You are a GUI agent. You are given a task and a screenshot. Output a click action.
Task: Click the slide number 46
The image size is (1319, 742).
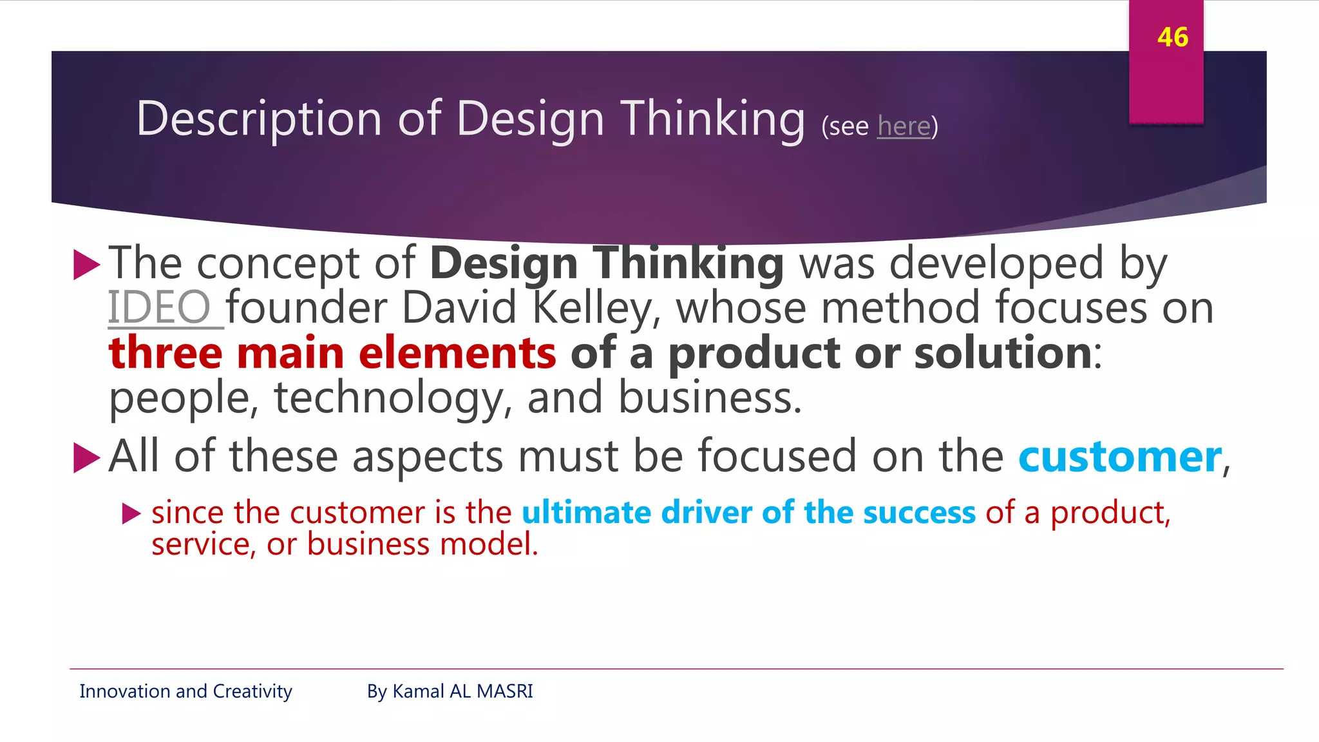(x=1172, y=37)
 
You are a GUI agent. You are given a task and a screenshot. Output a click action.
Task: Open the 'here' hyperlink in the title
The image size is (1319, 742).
(x=904, y=126)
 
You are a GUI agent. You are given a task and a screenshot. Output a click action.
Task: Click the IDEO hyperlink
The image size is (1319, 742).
(x=159, y=308)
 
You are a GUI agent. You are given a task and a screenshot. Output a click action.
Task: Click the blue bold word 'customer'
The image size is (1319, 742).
(x=1120, y=457)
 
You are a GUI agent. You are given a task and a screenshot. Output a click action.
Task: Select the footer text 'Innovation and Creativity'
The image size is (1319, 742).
(x=185, y=691)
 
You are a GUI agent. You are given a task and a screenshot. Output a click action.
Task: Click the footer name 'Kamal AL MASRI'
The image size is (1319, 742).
(x=462, y=691)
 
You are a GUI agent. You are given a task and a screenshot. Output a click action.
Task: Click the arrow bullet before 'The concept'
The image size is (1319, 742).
(x=86, y=265)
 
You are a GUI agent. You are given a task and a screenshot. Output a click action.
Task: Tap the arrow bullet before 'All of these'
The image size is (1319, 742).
(x=86, y=458)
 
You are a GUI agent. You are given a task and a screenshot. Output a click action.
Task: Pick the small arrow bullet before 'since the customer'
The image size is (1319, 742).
(x=131, y=513)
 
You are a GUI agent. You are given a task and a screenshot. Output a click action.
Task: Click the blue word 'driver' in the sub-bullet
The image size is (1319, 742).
(x=706, y=513)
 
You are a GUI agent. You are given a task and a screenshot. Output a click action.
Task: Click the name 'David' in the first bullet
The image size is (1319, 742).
(x=459, y=308)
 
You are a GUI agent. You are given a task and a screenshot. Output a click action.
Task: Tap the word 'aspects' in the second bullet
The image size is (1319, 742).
(x=427, y=457)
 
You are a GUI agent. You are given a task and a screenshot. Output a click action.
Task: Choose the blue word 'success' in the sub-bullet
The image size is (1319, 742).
(x=919, y=513)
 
